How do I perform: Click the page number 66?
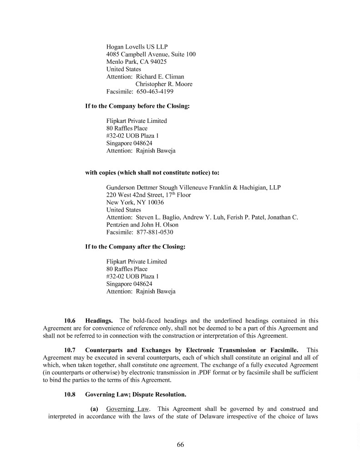click(180, 445)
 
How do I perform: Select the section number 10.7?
click(70, 350)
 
